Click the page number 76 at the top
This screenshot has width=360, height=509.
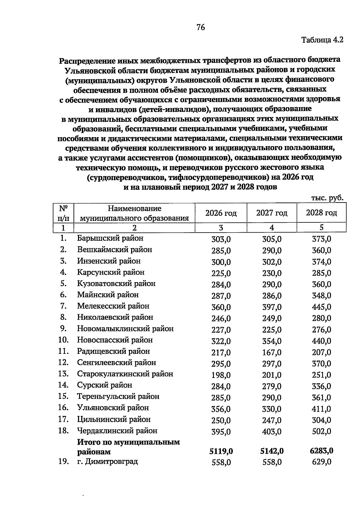pyautogui.click(x=201, y=28)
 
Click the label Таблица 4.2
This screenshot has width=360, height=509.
pyautogui.click(x=322, y=40)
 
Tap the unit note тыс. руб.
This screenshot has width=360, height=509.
pyautogui.click(x=327, y=198)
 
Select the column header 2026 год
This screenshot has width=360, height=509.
pyautogui.click(x=221, y=213)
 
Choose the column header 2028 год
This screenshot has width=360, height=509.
pyautogui.click(x=321, y=213)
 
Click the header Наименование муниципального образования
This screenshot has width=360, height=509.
pyautogui.click(x=134, y=213)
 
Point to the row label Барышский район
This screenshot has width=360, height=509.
pyautogui.click(x=110, y=238)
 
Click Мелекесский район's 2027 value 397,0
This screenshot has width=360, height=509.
pyautogui.click(x=271, y=307)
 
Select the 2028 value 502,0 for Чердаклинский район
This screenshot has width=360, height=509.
pyautogui.click(x=322, y=432)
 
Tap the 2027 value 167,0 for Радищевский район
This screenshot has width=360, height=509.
pyautogui.click(x=271, y=352)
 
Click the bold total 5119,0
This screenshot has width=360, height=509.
pyautogui.click(x=221, y=451)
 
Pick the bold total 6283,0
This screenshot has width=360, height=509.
pyautogui.click(x=321, y=451)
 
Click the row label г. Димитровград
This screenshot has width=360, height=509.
pyautogui.click(x=107, y=461)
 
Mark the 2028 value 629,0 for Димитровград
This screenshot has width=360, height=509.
pyautogui.click(x=322, y=462)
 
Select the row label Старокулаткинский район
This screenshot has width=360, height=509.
pyautogui.click(x=125, y=374)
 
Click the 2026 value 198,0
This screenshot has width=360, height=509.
pyautogui.click(x=221, y=375)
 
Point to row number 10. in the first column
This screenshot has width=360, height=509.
pyautogui.click(x=63, y=340)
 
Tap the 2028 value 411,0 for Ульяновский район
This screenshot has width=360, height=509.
pyautogui.click(x=322, y=409)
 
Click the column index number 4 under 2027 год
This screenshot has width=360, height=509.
pyautogui.click(x=271, y=228)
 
